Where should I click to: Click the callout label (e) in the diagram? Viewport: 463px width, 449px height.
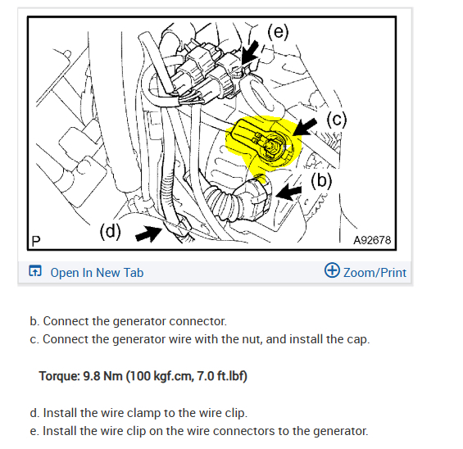click(278, 32)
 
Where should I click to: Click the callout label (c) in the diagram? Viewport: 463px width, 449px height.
click(337, 120)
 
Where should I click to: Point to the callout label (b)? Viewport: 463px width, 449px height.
click(321, 180)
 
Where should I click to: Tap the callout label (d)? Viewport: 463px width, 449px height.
click(110, 231)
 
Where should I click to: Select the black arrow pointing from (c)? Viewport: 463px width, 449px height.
click(305, 127)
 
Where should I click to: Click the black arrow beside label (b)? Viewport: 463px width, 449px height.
click(288, 192)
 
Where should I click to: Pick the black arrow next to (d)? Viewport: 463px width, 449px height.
click(149, 234)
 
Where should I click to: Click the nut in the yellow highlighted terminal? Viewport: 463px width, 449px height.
click(270, 146)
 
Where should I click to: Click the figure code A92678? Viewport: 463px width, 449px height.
click(372, 240)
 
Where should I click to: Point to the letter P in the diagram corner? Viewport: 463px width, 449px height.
click(36, 241)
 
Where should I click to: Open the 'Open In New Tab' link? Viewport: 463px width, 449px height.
click(97, 273)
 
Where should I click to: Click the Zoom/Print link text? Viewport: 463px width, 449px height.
click(374, 273)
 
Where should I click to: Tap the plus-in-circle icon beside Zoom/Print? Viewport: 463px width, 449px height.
click(332, 270)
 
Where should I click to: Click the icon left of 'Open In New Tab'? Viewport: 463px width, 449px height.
click(35, 270)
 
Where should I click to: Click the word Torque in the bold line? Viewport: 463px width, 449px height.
click(59, 376)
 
